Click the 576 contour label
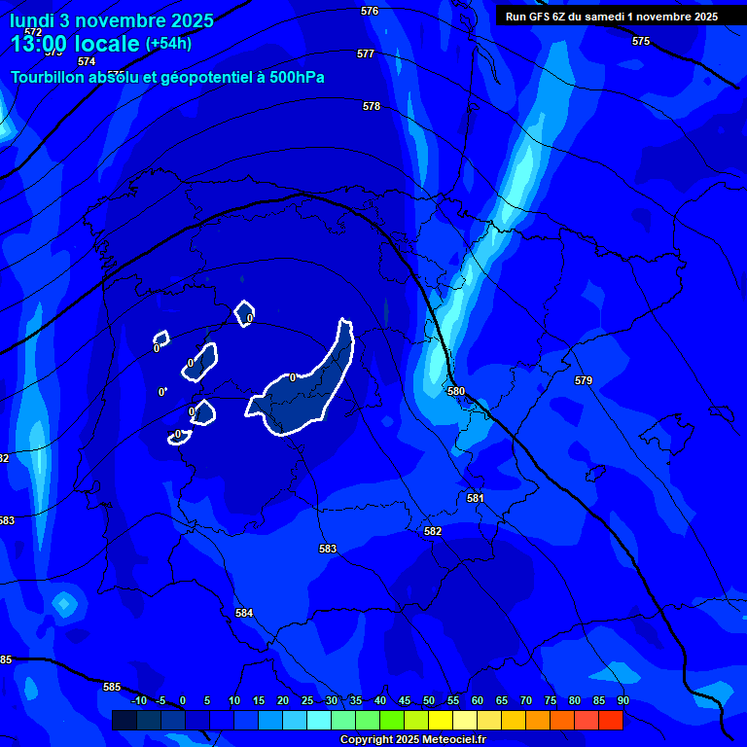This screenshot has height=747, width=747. point(370,11)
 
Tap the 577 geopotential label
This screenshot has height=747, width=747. point(366,53)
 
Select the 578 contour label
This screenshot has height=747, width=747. point(372,106)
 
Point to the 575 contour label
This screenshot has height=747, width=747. point(641,41)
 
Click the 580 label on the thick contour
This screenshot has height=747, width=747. point(456,391)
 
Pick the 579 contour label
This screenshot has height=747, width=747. point(584,380)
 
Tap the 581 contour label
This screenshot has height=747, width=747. point(476,498)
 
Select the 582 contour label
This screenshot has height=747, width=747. point(433,531)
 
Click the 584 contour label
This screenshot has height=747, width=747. point(244,613)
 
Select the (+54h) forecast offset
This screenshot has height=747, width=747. point(168,44)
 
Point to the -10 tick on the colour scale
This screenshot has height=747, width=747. point(139,700)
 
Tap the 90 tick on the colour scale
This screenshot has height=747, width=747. point(622,700)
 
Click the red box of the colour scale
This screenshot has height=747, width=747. point(611,720)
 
